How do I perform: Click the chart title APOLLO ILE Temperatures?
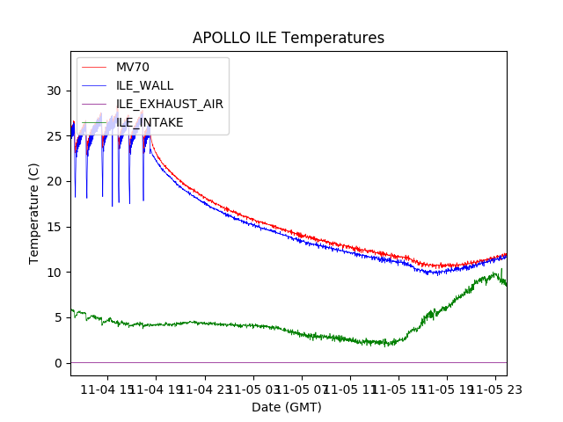click(x=289, y=39)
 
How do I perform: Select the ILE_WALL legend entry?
click(x=144, y=85)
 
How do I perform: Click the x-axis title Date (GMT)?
click(x=287, y=407)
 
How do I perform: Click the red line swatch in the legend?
click(x=96, y=67)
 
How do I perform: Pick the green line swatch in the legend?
click(x=96, y=85)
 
